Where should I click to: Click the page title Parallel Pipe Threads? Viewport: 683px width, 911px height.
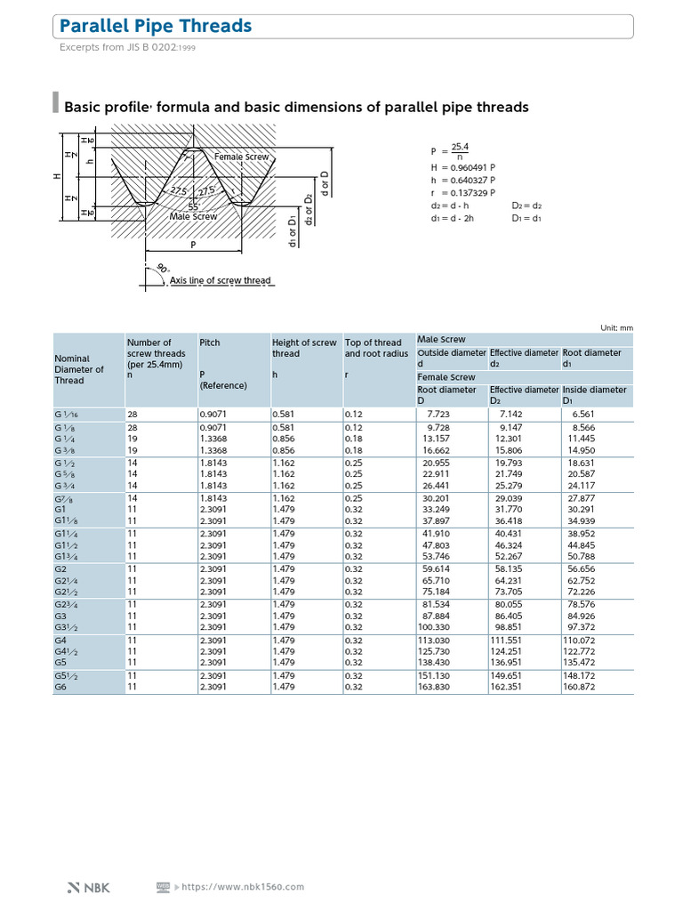156,27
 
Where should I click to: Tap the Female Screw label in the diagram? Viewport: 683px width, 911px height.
241,157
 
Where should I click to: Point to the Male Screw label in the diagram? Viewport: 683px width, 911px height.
193,216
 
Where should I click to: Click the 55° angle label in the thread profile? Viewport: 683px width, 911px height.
193,206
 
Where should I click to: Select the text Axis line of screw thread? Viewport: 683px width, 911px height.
220,280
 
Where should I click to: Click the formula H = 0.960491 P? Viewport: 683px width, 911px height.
463,167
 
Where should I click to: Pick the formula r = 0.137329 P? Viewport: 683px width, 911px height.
462,192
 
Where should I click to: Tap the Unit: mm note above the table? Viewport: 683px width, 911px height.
616,327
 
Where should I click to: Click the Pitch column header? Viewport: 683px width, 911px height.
210,342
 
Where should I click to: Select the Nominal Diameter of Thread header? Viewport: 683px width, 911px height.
80,369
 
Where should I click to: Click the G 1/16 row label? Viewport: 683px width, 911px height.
67,414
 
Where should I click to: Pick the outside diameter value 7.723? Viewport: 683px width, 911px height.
439,414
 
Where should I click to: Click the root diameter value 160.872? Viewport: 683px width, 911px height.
579,687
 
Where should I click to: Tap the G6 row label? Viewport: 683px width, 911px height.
60,687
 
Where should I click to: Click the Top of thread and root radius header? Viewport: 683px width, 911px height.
374,348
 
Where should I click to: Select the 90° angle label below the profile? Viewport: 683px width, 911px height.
162,269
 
